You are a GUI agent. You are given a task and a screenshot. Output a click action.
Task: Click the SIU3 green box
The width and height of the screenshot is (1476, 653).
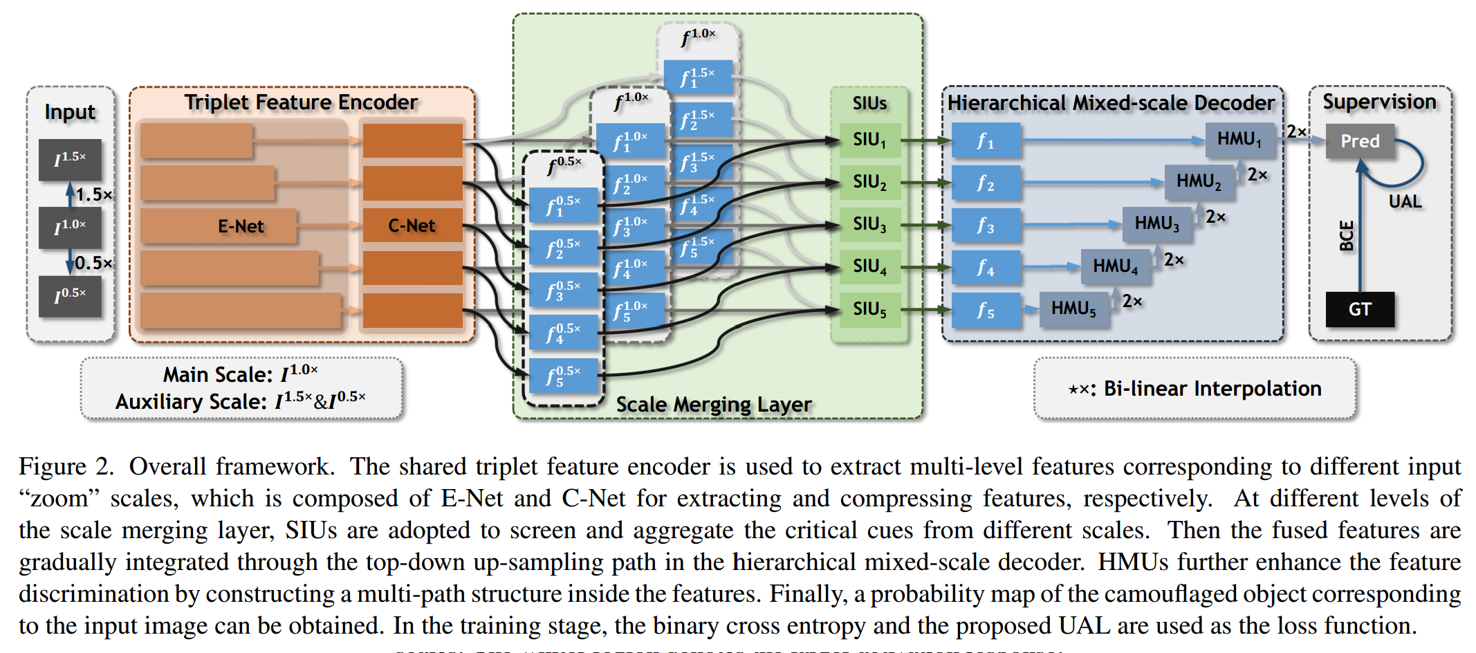pyautogui.click(x=869, y=224)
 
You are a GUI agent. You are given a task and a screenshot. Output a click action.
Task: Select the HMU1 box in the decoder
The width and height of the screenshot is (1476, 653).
pyautogui.click(x=1239, y=139)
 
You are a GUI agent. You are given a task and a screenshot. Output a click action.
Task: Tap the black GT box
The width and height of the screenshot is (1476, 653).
pyautogui.click(x=1359, y=309)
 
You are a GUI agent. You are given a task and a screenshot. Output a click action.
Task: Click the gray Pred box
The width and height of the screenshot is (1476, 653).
pyautogui.click(x=1359, y=141)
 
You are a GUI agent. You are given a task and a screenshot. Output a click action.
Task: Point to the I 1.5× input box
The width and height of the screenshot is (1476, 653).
pyautogui.click(x=70, y=159)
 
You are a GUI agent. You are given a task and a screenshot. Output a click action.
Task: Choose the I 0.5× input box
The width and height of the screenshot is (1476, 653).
pyautogui.click(x=70, y=296)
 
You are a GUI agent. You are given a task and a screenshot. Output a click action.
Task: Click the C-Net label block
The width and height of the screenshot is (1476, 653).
pyautogui.click(x=412, y=226)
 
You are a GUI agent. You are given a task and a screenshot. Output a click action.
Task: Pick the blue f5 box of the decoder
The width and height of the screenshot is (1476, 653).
pyautogui.click(x=986, y=309)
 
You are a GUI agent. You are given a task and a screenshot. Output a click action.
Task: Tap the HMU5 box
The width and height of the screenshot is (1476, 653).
pyautogui.click(x=1073, y=309)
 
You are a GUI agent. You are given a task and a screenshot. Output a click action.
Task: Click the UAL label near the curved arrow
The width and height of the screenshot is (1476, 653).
pyautogui.click(x=1405, y=201)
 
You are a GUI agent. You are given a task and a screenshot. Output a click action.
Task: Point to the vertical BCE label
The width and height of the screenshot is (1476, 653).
pyautogui.click(x=1346, y=235)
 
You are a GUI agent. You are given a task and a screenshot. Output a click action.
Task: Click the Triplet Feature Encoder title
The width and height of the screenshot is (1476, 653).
pyautogui.click(x=301, y=102)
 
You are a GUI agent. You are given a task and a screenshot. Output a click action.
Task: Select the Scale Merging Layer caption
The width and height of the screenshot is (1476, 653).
pyautogui.click(x=713, y=404)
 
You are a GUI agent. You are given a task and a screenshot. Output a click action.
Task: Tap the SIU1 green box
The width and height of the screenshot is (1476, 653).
pyautogui.click(x=869, y=140)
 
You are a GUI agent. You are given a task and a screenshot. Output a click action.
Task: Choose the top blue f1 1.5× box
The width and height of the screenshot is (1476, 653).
pyautogui.click(x=697, y=77)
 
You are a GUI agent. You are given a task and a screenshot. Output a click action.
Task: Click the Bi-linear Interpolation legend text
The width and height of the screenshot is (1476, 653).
pyautogui.click(x=1195, y=389)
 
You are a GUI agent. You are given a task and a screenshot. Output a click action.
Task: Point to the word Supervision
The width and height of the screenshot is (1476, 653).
pyautogui.click(x=1379, y=102)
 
